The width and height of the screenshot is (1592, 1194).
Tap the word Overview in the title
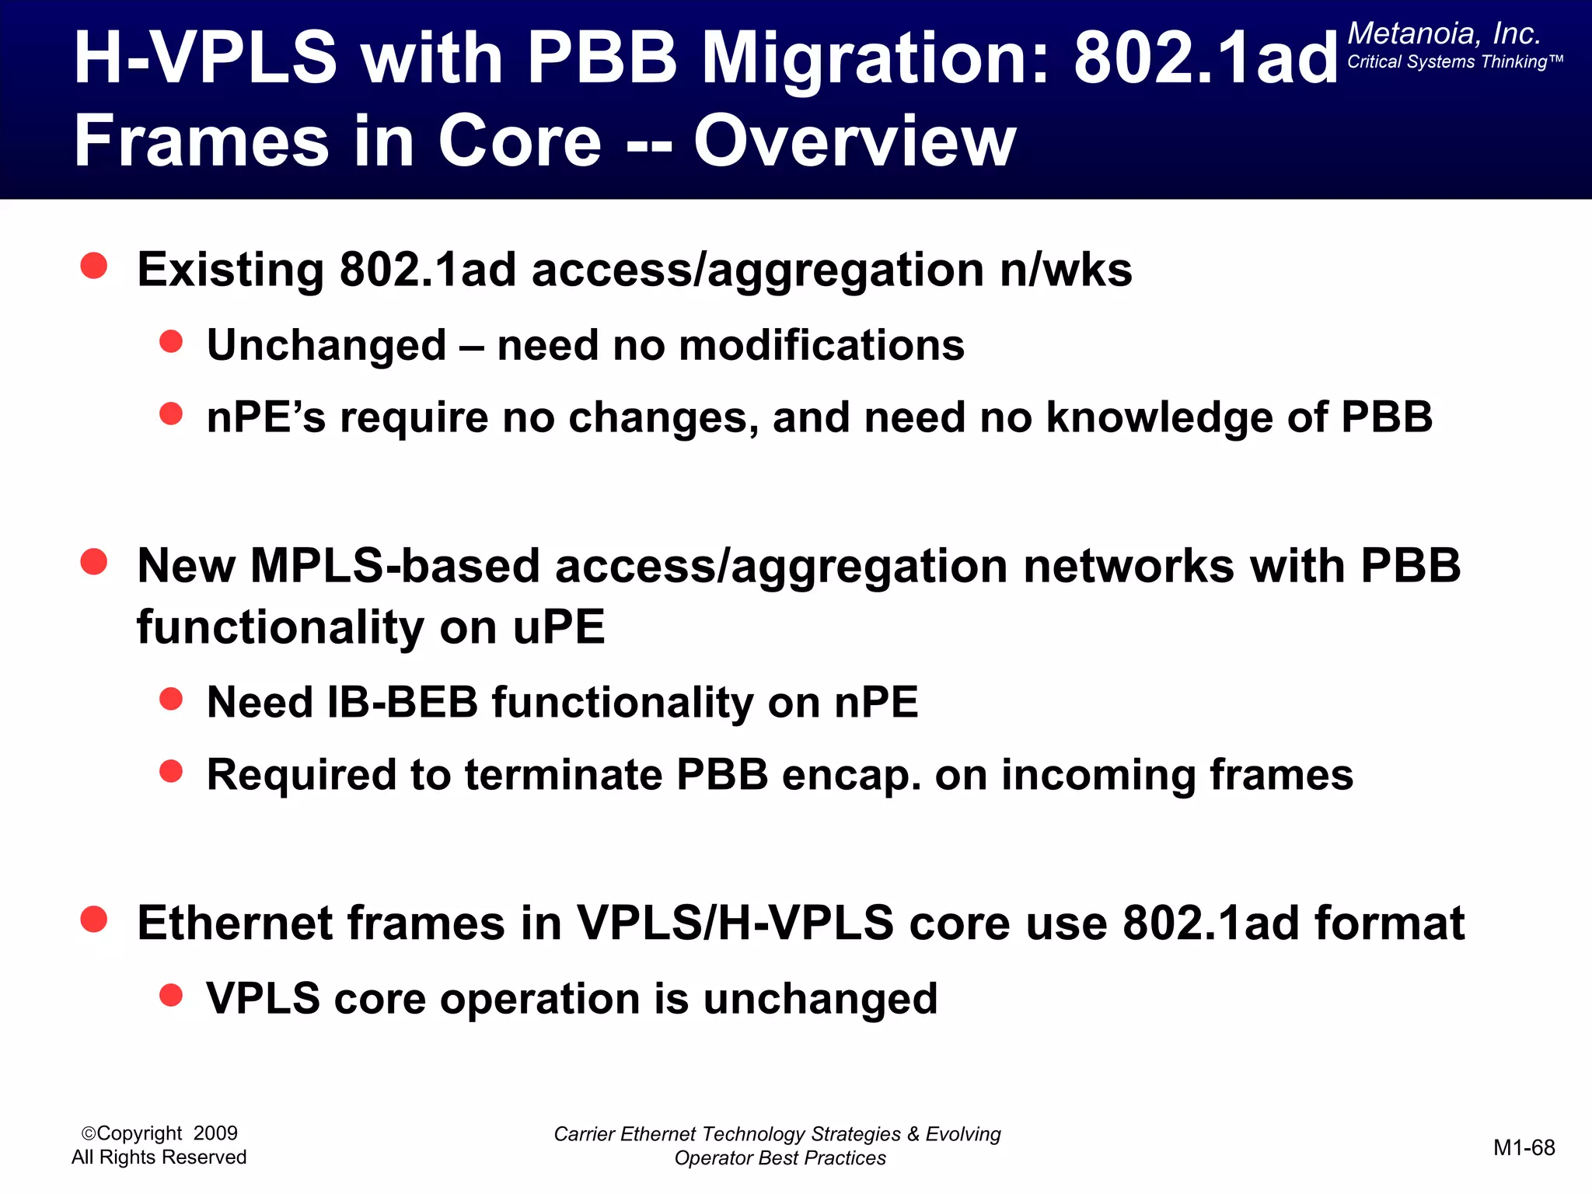[854, 141]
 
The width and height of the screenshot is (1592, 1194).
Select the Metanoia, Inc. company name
[1444, 33]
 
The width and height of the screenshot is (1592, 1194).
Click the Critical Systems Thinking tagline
[1454, 62]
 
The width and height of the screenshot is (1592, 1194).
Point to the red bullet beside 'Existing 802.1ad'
[94, 266]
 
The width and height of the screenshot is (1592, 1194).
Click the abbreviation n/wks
[1066, 271]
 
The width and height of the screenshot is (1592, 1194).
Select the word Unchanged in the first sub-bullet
[326, 345]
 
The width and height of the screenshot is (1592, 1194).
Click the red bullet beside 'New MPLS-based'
[94, 561]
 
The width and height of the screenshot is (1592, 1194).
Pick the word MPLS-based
[395, 566]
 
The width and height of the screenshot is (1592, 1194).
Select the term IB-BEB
[403, 703]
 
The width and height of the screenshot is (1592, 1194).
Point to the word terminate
[564, 775]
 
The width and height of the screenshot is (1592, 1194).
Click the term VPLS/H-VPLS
[735, 923]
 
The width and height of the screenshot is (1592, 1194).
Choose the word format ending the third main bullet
[1389, 923]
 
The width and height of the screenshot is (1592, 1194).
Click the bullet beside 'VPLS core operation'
[171, 995]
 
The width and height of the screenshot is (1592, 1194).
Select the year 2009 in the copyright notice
[215, 1133]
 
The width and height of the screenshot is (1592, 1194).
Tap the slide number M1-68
[1524, 1148]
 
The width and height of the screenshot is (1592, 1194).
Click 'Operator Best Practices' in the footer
[780, 1158]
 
